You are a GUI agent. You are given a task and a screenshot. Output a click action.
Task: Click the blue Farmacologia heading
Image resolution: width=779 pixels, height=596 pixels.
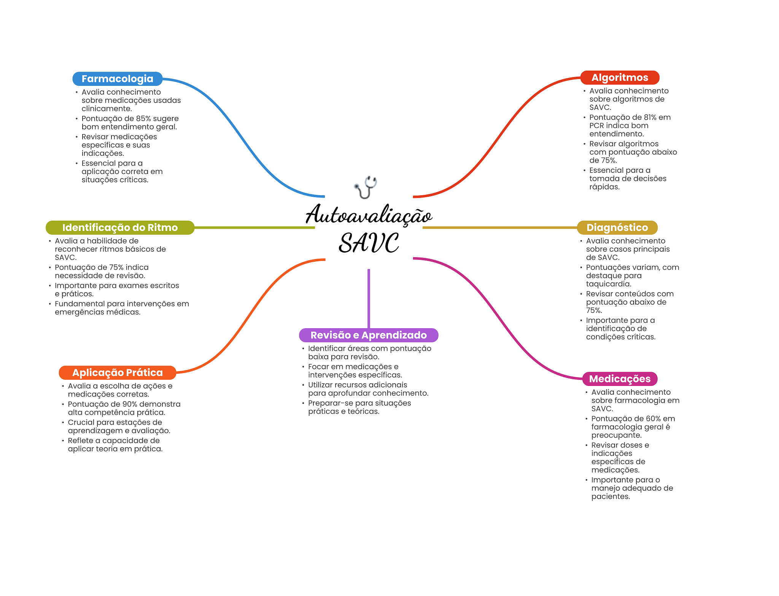click(117, 79)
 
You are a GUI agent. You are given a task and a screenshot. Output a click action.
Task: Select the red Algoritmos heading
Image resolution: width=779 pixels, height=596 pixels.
click(619, 77)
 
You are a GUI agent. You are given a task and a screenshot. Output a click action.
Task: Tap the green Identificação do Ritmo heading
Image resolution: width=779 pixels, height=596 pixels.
click(120, 228)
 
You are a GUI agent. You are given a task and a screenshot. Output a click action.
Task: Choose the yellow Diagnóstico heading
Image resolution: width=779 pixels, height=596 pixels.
click(617, 228)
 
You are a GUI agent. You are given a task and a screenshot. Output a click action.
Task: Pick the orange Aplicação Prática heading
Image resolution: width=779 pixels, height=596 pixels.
click(117, 373)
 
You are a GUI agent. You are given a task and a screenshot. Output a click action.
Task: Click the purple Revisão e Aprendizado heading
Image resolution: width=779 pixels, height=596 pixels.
click(368, 335)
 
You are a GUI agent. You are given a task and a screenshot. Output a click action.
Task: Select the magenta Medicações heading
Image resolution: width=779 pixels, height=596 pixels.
click(620, 379)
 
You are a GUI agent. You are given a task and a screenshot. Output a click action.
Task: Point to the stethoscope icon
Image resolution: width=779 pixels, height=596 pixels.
click(366, 187)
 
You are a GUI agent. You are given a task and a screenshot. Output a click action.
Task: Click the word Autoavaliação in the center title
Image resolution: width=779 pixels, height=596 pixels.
click(369, 215)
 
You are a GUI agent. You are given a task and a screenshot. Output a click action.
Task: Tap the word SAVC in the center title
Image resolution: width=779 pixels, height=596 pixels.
click(369, 243)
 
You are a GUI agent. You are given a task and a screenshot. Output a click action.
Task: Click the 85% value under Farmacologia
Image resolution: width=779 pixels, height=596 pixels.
click(143, 119)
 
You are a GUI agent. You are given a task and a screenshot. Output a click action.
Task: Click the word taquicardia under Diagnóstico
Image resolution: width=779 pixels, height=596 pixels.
click(608, 284)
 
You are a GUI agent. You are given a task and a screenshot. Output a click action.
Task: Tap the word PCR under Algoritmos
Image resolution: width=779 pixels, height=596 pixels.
click(596, 126)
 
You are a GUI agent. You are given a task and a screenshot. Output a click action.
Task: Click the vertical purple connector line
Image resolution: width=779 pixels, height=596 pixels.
click(369, 298)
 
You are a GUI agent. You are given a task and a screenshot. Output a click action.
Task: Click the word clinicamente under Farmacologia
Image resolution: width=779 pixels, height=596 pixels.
click(107, 109)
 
